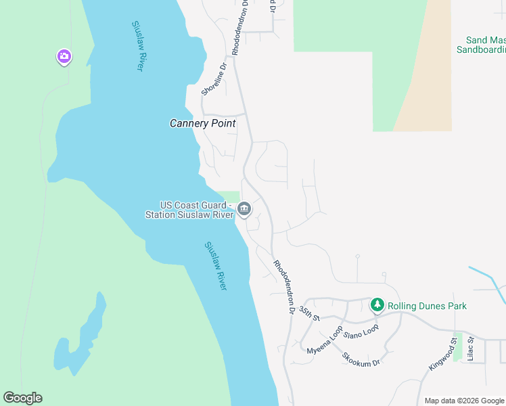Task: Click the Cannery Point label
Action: [202, 123]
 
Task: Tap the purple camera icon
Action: [64, 57]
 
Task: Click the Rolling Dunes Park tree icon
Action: [377, 306]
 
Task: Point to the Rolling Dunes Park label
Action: [427, 306]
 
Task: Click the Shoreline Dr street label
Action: [212, 79]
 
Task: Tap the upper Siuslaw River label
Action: [137, 46]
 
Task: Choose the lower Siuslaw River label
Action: [215, 266]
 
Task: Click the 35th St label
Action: [309, 313]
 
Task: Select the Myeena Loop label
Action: [325, 341]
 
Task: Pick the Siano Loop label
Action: [361, 332]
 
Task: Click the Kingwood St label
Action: [443, 357]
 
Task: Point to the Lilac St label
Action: [471, 348]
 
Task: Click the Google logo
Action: [22, 398]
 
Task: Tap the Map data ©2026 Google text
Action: [465, 401]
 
